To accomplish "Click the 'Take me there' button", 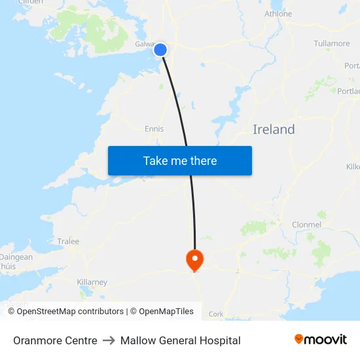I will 179,160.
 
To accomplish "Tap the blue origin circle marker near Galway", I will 160,50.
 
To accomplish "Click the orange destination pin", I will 194,260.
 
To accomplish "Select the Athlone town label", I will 278,14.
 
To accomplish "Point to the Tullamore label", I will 332,44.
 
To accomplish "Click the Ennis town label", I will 154,129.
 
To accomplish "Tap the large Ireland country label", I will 274,130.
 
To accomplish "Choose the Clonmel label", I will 306,225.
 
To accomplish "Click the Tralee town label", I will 68,242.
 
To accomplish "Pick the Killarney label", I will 92,282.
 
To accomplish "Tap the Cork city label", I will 216,314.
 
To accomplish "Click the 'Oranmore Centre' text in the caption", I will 55,340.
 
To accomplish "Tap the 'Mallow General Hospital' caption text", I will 181,340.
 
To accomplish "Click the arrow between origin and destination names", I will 109,340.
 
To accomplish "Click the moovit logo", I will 321,340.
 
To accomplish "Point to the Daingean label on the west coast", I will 16,257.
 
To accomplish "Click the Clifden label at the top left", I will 31,2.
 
